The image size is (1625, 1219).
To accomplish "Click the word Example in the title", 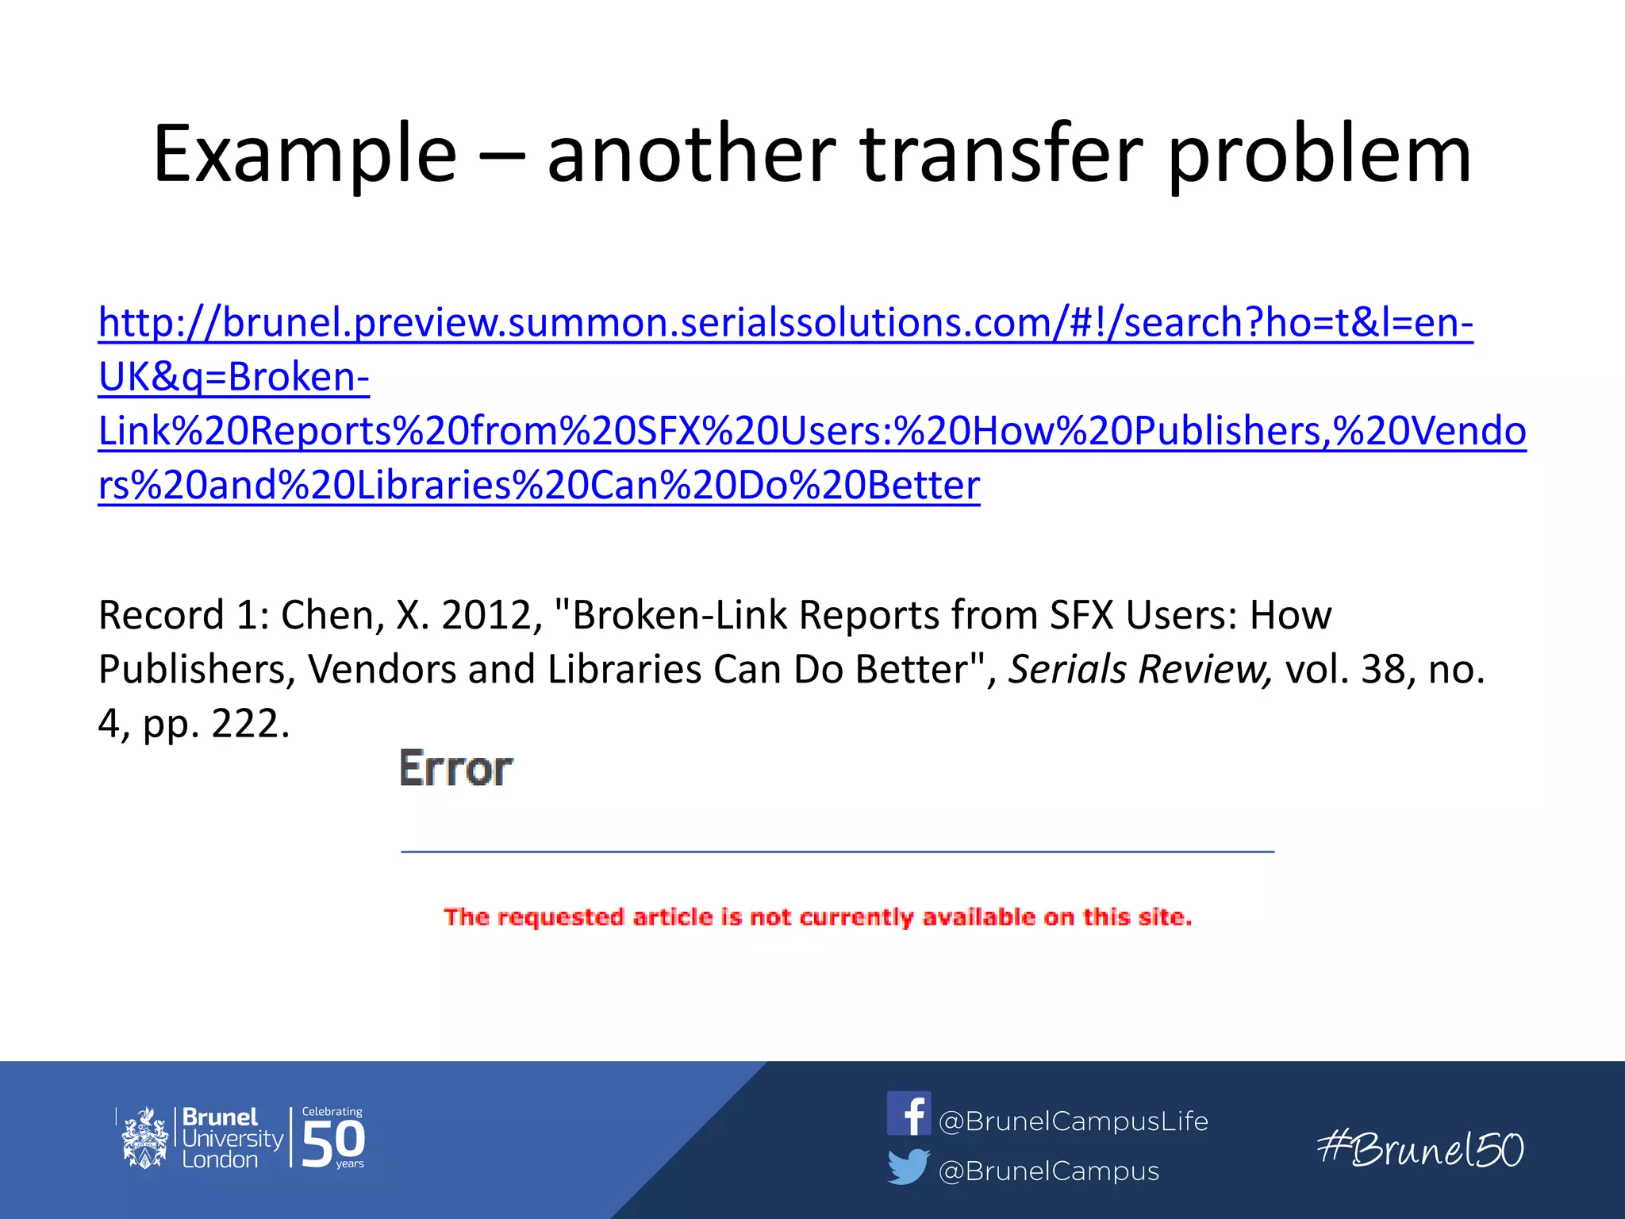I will point(305,155).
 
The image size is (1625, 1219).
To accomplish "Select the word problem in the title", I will point(1320,155).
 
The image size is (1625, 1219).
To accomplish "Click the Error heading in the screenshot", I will point(456,768).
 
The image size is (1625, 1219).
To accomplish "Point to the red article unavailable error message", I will point(817,917).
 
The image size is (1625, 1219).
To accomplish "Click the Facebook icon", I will point(909,1113).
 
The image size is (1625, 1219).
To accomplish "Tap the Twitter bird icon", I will point(909,1167).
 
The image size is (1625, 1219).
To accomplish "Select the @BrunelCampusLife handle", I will point(1073,1121).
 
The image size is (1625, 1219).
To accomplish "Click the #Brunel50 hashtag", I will point(1420,1149).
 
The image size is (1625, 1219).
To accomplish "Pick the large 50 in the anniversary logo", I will point(333,1143).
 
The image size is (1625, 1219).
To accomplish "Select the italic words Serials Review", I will point(1139,669).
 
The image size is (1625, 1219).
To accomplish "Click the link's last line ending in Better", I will point(539,485).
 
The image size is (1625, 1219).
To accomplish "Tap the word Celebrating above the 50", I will point(332,1111).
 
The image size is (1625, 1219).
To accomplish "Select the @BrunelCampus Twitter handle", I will point(1048,1171).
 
